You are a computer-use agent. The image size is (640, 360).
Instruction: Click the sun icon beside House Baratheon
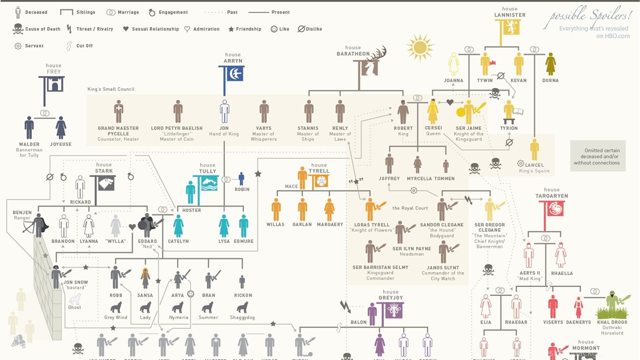(x=419, y=47)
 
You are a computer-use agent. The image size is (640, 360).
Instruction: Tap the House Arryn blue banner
(x=233, y=74)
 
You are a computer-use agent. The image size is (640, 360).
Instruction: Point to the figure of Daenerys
(x=578, y=307)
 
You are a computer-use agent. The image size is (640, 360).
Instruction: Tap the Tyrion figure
(x=508, y=112)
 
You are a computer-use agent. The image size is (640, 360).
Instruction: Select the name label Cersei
(x=433, y=128)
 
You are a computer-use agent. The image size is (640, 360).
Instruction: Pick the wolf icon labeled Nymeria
(x=177, y=307)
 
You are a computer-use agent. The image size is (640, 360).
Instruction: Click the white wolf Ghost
(x=74, y=299)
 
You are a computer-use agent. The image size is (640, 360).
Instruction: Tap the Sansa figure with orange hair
(x=145, y=278)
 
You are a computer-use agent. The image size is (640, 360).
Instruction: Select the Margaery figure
(x=329, y=209)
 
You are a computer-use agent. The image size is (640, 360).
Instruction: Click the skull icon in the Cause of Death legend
(x=18, y=29)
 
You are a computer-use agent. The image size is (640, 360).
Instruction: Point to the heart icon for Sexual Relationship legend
(x=126, y=29)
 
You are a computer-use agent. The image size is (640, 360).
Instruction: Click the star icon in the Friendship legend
(x=231, y=29)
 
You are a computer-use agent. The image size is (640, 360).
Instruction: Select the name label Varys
(x=263, y=128)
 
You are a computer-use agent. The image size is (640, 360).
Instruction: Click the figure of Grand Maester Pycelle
(x=118, y=111)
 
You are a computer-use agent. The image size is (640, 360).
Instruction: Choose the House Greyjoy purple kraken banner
(x=393, y=310)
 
